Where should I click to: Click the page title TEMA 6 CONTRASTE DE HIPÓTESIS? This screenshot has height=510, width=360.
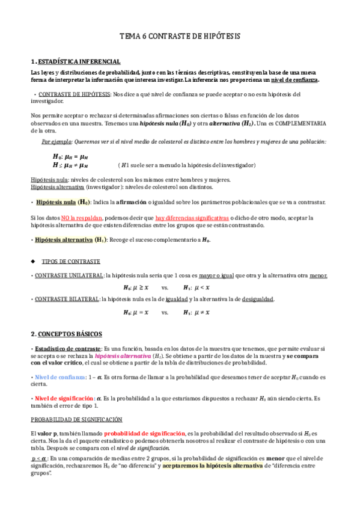(x=180, y=37)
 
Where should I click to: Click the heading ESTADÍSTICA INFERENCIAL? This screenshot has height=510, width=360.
(x=79, y=61)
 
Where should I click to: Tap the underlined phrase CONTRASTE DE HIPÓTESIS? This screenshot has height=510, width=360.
(x=74, y=94)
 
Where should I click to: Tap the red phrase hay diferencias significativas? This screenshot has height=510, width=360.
(x=191, y=217)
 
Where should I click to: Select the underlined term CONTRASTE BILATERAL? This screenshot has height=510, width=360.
(x=66, y=299)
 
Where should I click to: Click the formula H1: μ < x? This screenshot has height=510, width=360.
(x=196, y=287)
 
